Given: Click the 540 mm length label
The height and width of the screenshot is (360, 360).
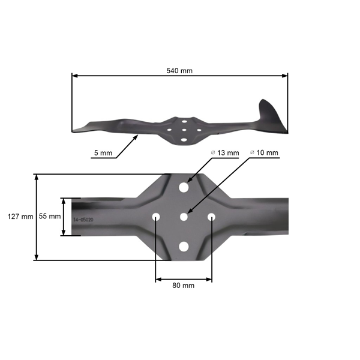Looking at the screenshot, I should (x=179, y=70).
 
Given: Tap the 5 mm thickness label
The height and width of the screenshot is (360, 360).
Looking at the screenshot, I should (x=103, y=154).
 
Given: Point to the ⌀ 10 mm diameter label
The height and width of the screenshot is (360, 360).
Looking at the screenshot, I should (x=264, y=153).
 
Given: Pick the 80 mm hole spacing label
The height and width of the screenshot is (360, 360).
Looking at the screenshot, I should (x=183, y=286).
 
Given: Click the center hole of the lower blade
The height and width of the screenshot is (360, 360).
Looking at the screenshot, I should (x=184, y=216).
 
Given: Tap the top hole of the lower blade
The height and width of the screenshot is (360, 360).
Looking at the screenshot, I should (x=184, y=187).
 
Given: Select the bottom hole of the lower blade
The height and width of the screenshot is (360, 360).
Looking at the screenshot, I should (x=184, y=245).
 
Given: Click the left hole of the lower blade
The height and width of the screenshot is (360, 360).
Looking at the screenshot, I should (x=156, y=216).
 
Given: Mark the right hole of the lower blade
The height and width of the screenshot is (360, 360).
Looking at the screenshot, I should (x=212, y=216).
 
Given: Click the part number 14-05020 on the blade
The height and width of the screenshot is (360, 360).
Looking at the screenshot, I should (x=83, y=220).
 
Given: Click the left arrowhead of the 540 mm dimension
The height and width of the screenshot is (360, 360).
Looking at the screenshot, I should (x=74, y=76).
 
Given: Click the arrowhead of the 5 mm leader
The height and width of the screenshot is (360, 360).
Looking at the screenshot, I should (x=137, y=137).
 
